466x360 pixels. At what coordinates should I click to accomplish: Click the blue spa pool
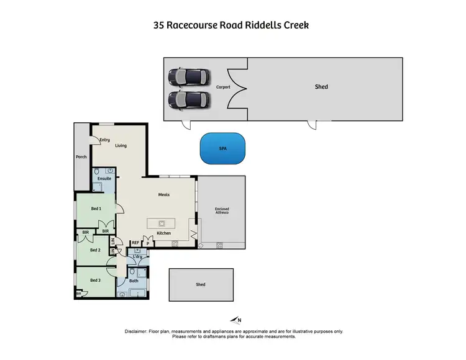(222, 149)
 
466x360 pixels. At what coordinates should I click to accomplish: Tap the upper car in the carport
(189, 77)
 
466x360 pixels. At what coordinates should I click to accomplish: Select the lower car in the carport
(189, 99)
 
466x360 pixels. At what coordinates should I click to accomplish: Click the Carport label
(222, 87)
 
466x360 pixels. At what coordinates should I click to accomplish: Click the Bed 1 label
(95, 209)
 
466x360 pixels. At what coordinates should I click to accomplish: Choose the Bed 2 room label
(94, 250)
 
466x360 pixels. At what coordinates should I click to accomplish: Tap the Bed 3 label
(94, 280)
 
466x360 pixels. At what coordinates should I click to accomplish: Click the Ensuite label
(104, 178)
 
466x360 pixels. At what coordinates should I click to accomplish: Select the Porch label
(81, 157)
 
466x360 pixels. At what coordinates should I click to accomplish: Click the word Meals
(163, 194)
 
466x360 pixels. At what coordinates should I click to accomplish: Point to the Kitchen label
(163, 233)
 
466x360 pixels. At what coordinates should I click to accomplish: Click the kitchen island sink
(162, 223)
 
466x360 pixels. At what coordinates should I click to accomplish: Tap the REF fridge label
(134, 243)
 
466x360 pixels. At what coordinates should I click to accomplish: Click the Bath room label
(135, 281)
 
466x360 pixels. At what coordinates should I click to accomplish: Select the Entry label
(105, 140)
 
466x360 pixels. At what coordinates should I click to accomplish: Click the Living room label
(121, 146)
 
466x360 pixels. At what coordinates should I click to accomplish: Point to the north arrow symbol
(235, 320)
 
